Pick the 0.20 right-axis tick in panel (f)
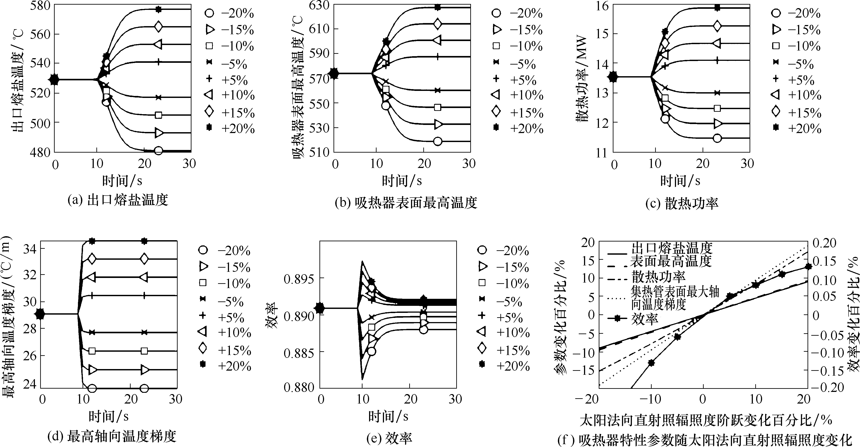pos(827,243)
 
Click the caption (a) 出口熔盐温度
pos(117,200)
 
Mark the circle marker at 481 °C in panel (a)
pos(159,151)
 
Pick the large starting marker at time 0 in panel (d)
pos(40,314)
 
